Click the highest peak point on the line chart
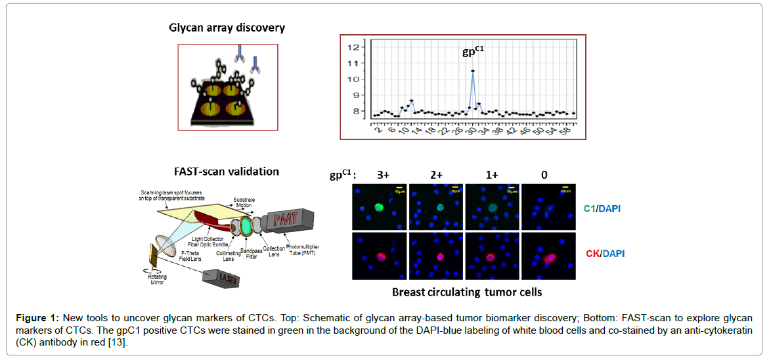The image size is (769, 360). click(473, 71)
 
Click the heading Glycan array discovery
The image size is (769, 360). click(227, 28)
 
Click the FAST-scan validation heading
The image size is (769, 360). click(227, 171)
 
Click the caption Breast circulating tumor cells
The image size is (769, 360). click(466, 292)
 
